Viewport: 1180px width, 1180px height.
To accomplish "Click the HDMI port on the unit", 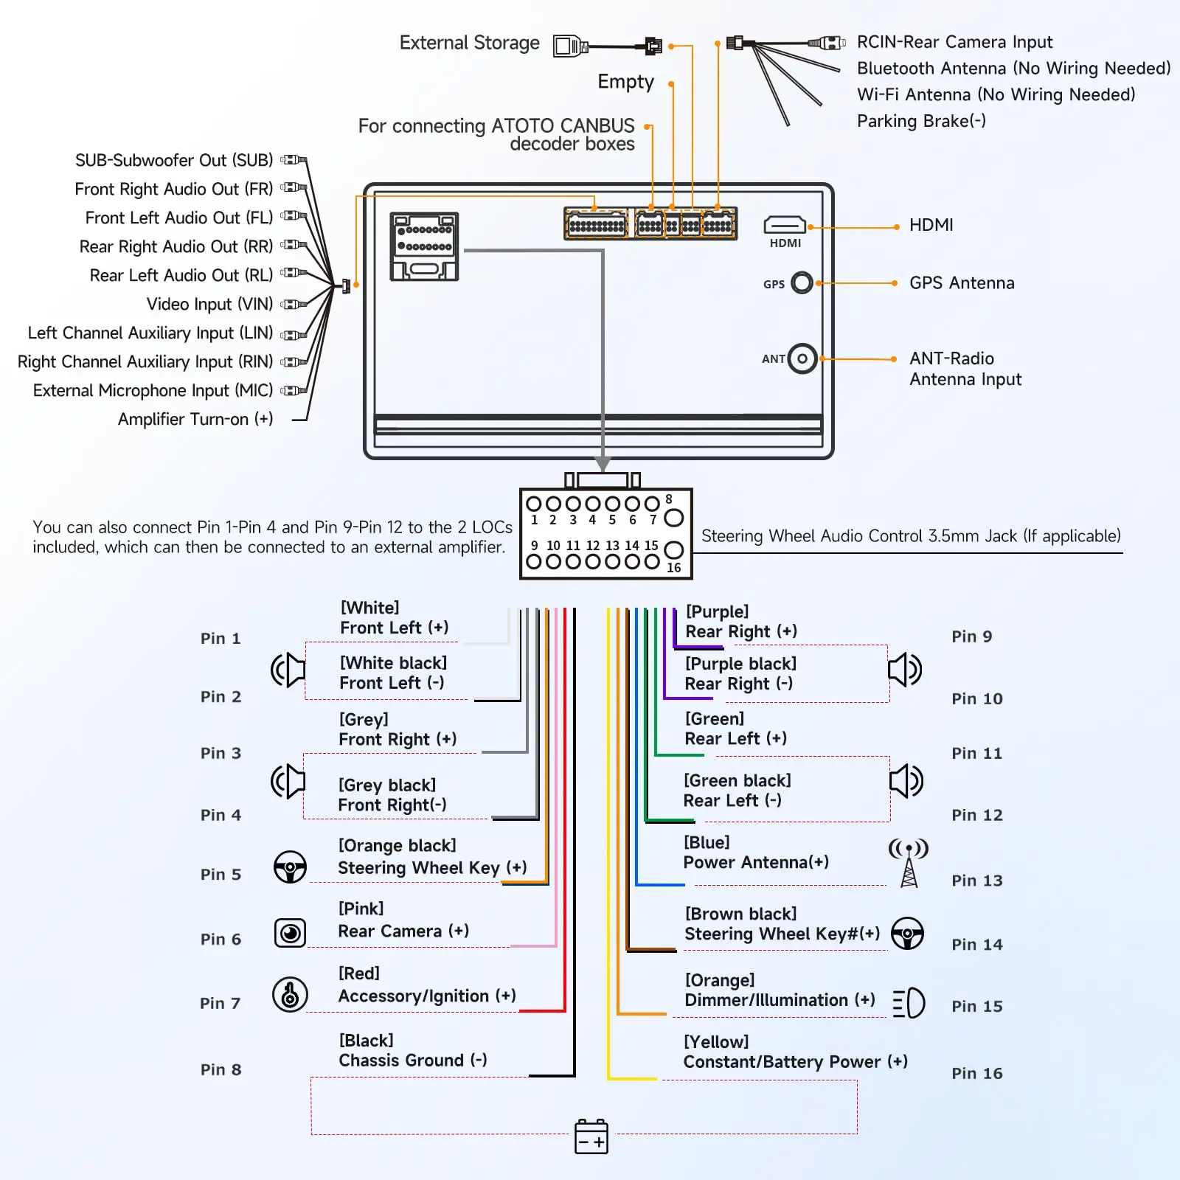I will pos(785,224).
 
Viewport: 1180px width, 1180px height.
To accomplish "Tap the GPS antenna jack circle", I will pos(802,282).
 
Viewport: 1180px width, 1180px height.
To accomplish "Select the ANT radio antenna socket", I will pos(802,359).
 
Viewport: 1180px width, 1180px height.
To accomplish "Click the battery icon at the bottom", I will pos(591,1136).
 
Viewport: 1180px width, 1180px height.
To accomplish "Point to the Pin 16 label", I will pos(976,1073).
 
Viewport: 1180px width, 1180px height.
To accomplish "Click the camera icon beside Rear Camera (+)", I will pos(290,933).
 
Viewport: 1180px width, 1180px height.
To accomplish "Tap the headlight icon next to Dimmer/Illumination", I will pos(909,1003).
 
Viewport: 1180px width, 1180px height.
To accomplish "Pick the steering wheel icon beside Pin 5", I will pos(290,867).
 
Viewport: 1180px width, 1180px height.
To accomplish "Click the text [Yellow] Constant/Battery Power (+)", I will pos(795,1052).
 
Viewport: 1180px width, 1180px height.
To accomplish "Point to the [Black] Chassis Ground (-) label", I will pos(413,1050).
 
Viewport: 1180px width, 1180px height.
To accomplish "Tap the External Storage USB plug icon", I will pos(570,46).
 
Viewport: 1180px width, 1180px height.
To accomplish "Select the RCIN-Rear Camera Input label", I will pos(954,42).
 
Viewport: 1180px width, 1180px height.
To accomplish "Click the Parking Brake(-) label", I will pos(921,121).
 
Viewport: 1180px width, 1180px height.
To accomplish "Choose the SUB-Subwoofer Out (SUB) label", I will pos(174,160).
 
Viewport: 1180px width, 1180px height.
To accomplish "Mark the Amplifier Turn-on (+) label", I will pos(195,419).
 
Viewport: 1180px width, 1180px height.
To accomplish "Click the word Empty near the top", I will pos(625,81).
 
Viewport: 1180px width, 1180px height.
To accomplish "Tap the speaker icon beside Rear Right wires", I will pos(905,670).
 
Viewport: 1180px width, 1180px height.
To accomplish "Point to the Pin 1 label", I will pos(221,638).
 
